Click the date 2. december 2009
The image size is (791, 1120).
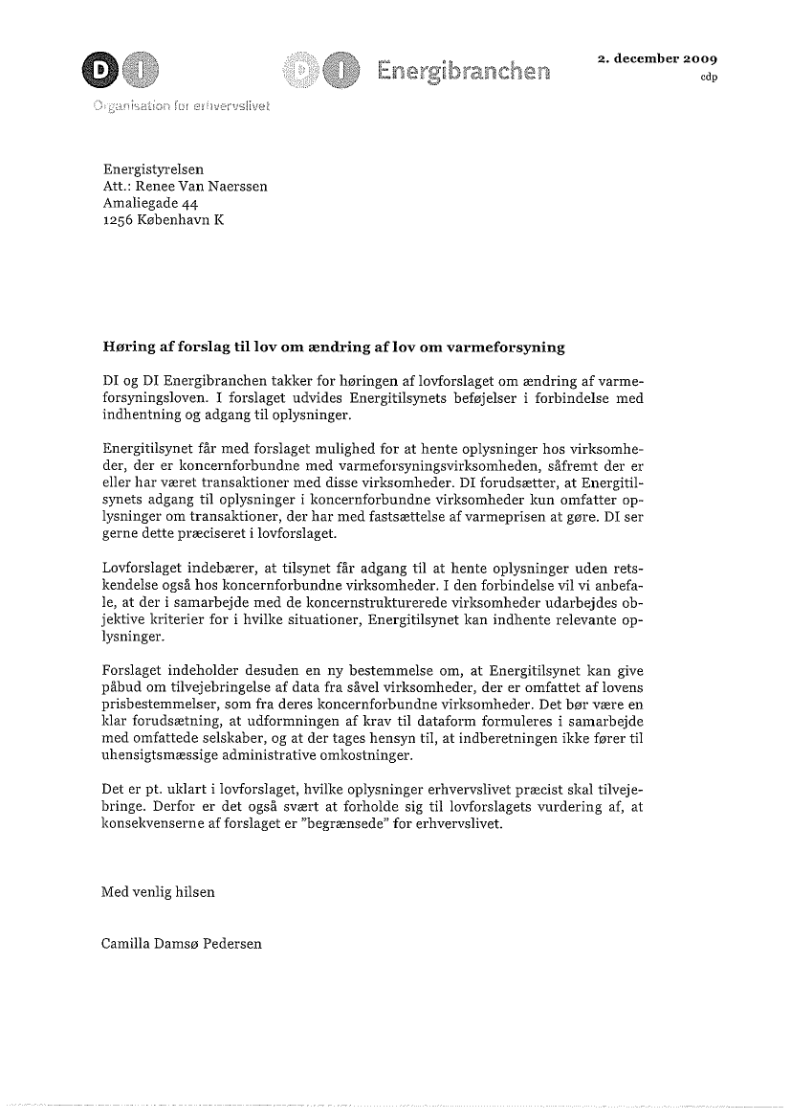(657, 57)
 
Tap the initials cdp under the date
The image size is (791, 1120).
(709, 78)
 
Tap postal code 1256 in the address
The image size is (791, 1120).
(119, 219)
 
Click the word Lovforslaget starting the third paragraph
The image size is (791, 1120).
(142, 569)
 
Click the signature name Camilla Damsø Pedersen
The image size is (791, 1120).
(182, 943)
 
